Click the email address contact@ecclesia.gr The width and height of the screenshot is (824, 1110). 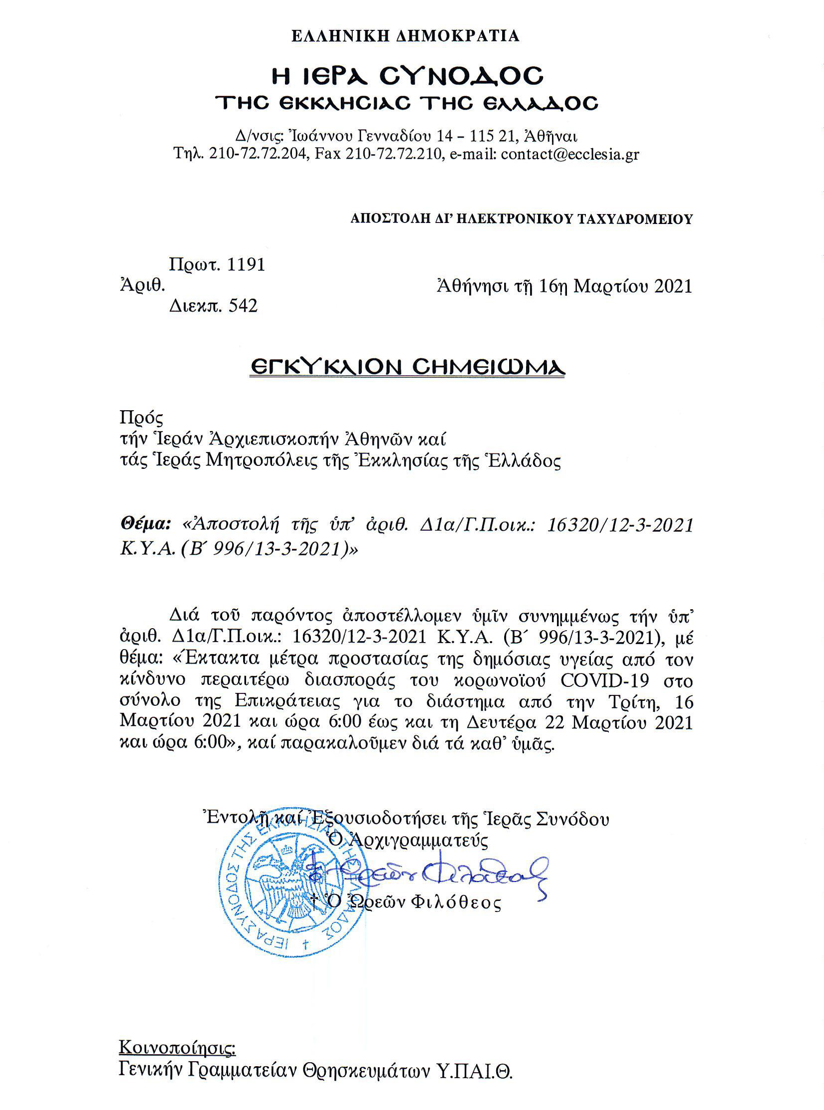pos(569,154)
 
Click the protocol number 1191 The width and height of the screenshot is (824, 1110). pos(246,264)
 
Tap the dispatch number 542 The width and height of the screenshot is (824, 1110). pos(243,306)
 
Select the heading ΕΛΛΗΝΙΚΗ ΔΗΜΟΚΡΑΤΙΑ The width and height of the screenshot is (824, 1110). pos(406,36)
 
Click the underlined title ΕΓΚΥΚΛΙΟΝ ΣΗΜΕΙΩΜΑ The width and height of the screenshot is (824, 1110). pos(407,367)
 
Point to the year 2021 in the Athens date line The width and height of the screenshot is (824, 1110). pos(673,286)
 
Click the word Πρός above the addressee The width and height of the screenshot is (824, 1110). pos(141,417)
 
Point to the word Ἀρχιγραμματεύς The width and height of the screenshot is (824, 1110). pos(418,840)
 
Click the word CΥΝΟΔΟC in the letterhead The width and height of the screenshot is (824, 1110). pos(461,76)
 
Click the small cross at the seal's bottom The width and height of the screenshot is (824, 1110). pos(306,944)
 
